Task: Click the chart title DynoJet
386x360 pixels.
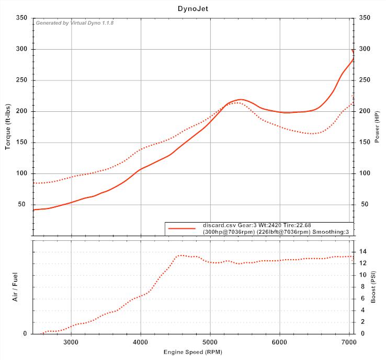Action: pos(192,8)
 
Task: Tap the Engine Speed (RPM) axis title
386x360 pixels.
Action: pos(192,352)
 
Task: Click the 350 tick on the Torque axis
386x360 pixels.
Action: pos(22,18)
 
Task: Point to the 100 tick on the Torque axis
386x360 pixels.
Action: pos(22,173)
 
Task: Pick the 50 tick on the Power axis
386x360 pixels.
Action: pos(362,204)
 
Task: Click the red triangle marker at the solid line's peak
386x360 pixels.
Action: pos(353,51)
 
